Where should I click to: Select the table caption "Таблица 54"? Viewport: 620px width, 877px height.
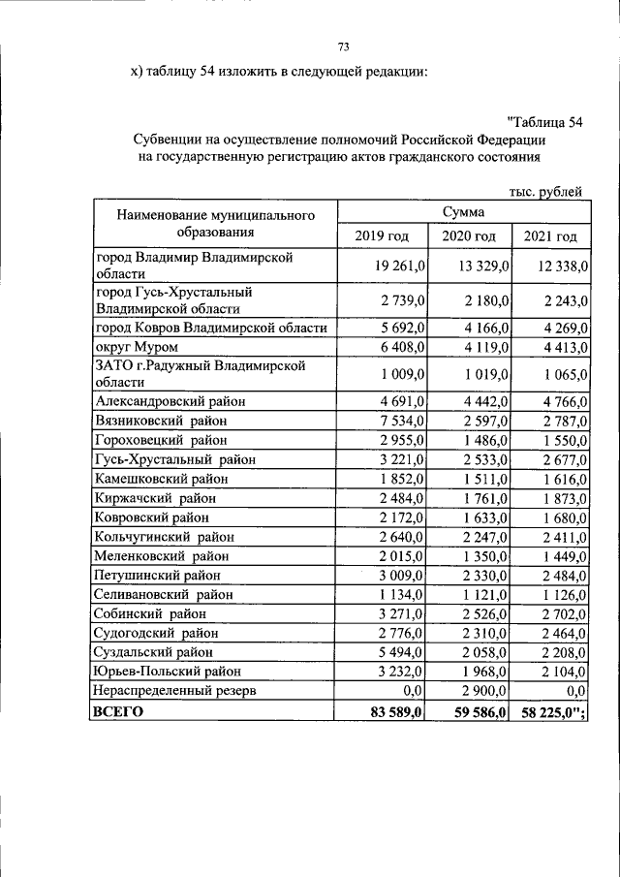point(545,121)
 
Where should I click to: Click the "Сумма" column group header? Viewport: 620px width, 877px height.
point(463,211)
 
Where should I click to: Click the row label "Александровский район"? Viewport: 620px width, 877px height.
point(170,400)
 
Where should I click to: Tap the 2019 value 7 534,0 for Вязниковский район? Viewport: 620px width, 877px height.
point(390,419)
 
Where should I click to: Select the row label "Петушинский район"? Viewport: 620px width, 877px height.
point(157,575)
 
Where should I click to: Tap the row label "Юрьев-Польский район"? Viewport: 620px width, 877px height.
point(166,672)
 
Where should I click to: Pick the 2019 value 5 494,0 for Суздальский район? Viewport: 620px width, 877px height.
point(390,652)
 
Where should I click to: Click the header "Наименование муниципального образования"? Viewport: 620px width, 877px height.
point(215,223)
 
